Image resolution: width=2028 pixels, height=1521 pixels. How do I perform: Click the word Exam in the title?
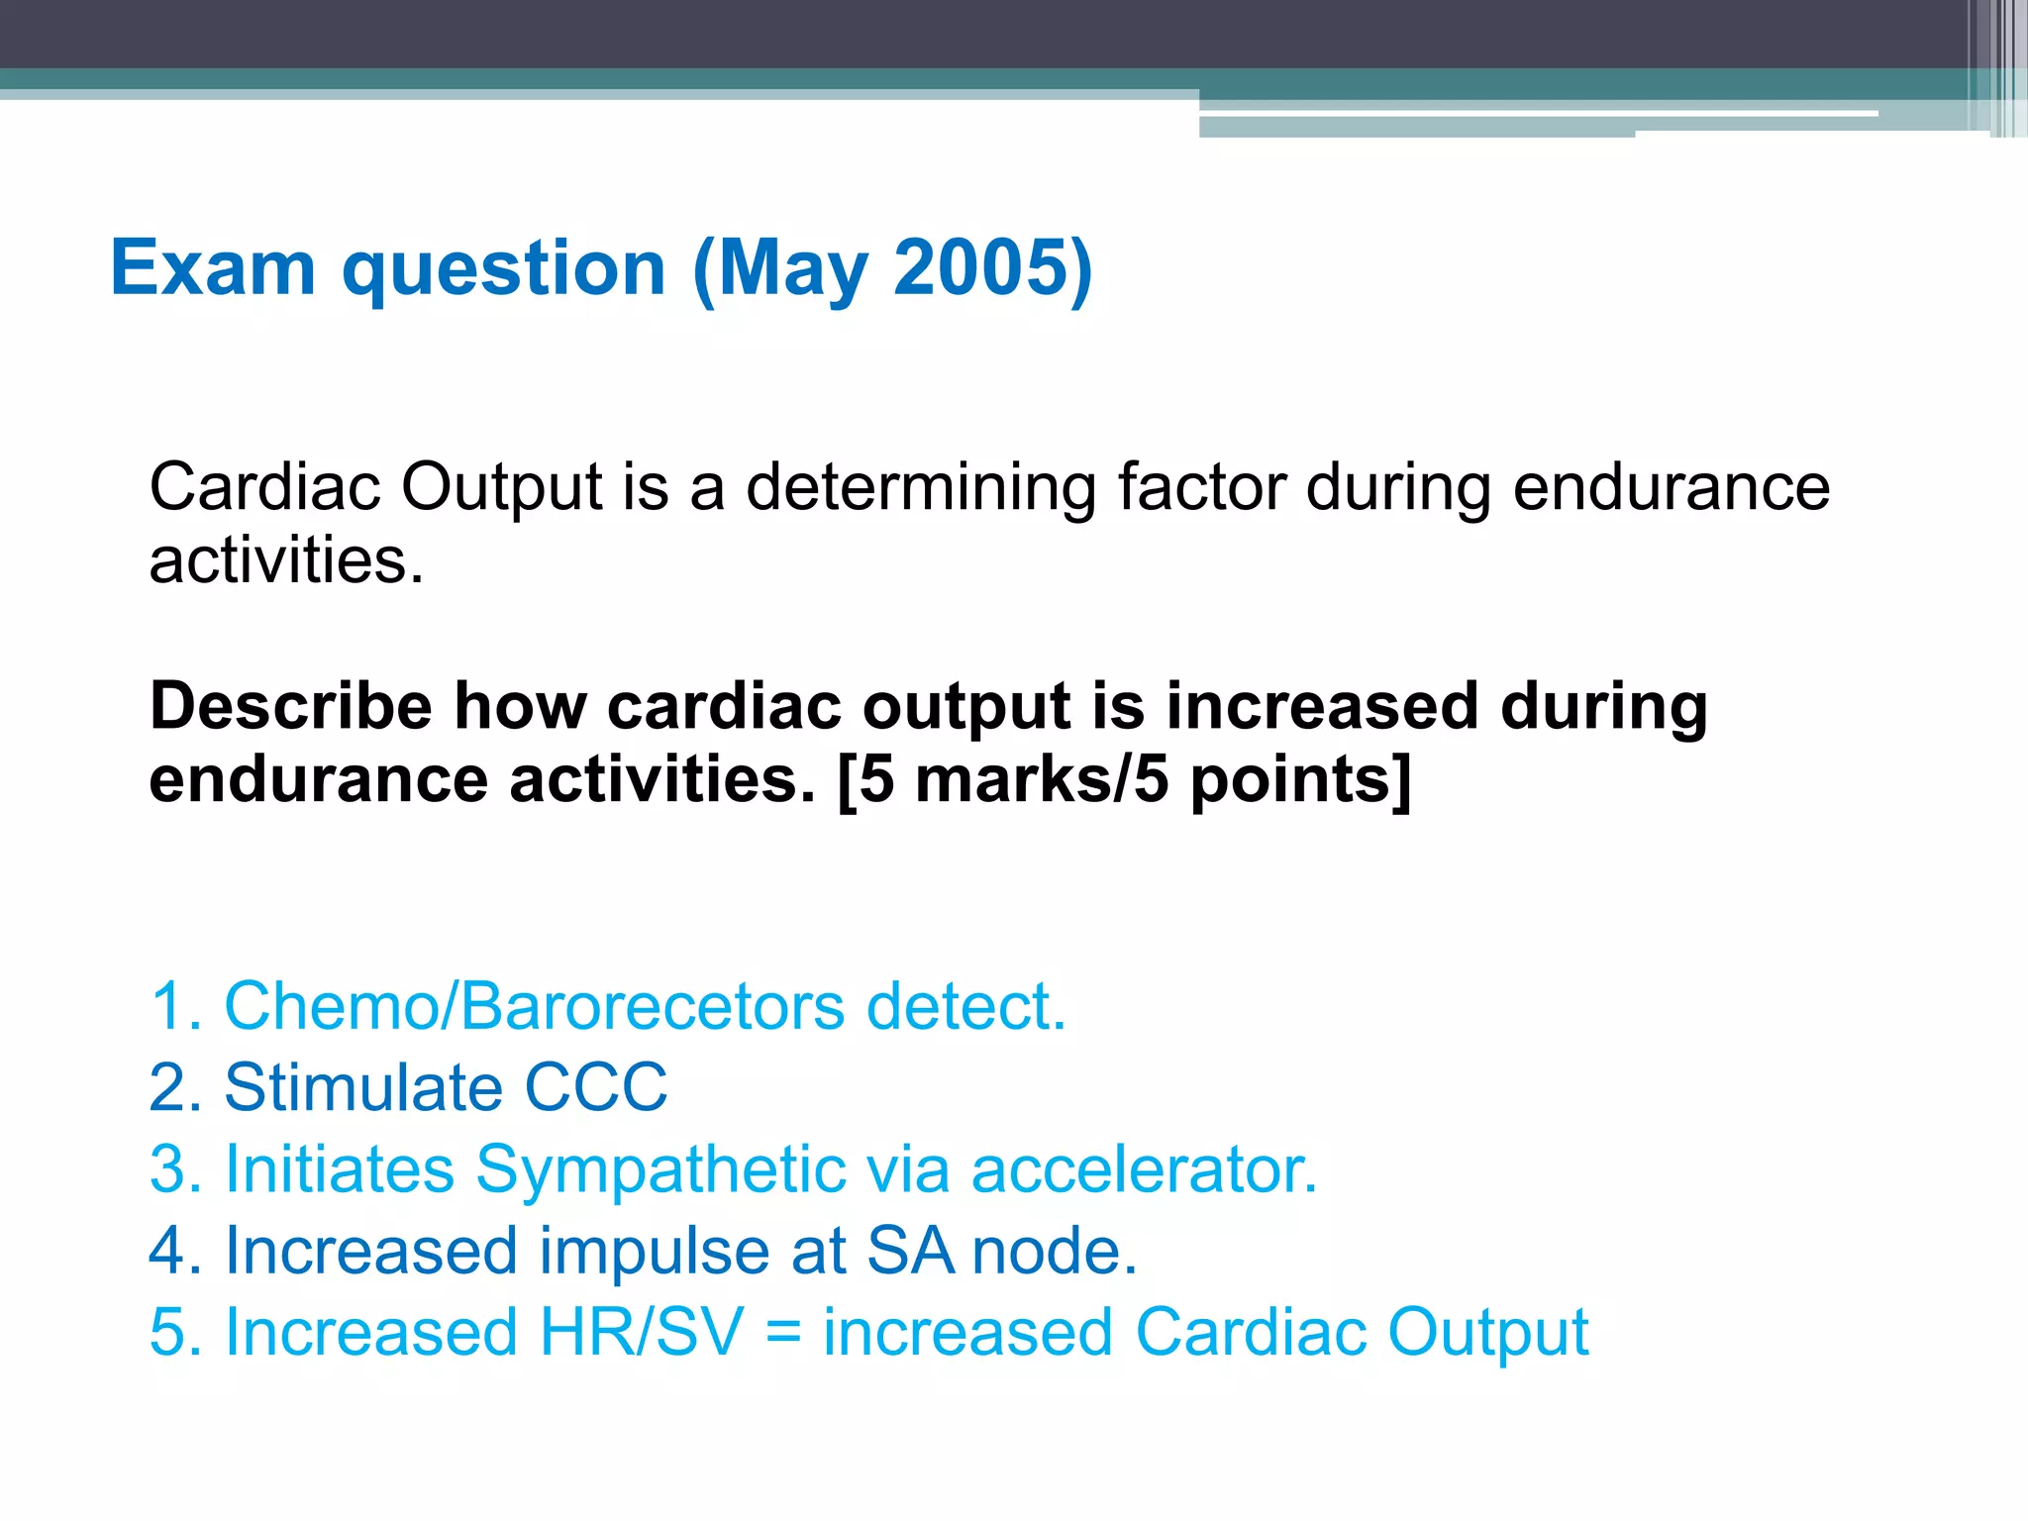(x=212, y=268)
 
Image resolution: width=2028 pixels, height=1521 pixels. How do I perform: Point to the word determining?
(x=920, y=489)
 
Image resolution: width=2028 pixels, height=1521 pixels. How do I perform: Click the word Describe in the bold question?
(x=290, y=707)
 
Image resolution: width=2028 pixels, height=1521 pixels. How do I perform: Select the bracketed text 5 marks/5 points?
(x=1123, y=780)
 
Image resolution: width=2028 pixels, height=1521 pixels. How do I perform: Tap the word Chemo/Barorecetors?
(x=535, y=1007)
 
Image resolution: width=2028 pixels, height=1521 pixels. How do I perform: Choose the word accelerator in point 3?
(x=1143, y=1169)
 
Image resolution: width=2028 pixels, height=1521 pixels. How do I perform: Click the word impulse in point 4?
(x=654, y=1251)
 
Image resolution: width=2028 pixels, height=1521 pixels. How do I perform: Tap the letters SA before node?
(x=909, y=1251)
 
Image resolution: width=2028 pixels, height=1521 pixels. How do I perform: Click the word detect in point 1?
(x=965, y=1007)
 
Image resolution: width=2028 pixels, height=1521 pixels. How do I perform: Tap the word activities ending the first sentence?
(x=285, y=561)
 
